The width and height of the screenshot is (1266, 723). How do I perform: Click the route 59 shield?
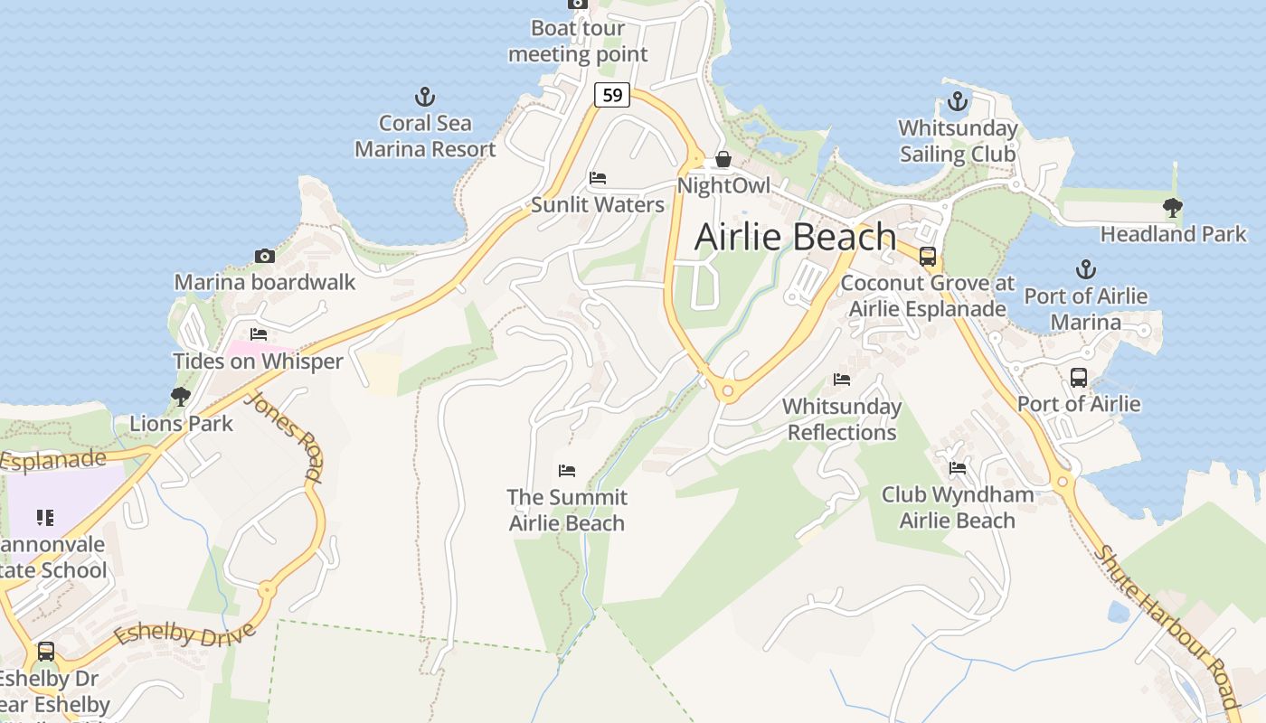click(x=612, y=94)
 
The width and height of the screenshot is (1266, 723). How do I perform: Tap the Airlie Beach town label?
click(x=795, y=237)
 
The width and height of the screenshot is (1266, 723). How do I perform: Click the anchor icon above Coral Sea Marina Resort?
click(x=425, y=97)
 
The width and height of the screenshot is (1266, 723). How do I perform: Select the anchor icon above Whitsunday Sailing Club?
click(x=958, y=101)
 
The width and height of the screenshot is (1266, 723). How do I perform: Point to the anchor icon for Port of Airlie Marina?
click(x=1085, y=269)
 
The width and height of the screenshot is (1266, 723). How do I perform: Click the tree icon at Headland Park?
click(x=1173, y=208)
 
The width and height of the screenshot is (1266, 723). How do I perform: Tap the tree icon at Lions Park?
click(x=181, y=396)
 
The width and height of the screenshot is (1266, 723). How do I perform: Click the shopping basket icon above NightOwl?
click(x=723, y=160)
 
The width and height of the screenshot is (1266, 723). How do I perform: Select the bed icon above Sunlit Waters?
click(x=598, y=178)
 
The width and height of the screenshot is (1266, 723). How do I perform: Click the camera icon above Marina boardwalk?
click(x=265, y=256)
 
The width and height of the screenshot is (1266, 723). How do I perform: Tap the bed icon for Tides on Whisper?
click(x=259, y=334)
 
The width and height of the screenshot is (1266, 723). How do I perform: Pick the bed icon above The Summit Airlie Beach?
click(x=567, y=470)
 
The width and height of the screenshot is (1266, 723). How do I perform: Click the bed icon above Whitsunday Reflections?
click(x=842, y=380)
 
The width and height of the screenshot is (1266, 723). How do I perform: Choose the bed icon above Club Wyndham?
click(x=958, y=468)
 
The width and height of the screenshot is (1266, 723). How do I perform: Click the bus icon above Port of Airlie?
click(x=1079, y=378)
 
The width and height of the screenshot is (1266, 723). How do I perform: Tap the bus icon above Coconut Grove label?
click(x=928, y=257)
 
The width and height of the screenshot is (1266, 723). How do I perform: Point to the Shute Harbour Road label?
click(x=1167, y=626)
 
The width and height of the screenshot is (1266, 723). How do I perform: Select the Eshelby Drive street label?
click(x=184, y=634)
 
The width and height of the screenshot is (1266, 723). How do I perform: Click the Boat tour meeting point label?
click(x=578, y=42)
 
